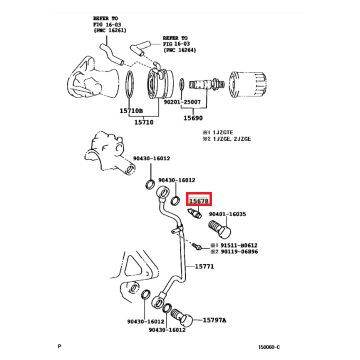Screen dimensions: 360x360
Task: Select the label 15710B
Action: tap(131, 110)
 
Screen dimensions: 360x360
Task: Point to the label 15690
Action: tap(192, 118)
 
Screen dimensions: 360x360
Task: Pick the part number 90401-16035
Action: tap(227, 213)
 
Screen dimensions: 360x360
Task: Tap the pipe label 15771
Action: tap(204, 266)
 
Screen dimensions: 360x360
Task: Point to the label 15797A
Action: tap(214, 320)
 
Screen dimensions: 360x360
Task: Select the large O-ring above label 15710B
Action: tap(129, 83)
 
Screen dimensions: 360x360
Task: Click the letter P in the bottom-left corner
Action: tap(59, 345)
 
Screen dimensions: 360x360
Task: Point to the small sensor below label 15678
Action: tap(194, 214)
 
